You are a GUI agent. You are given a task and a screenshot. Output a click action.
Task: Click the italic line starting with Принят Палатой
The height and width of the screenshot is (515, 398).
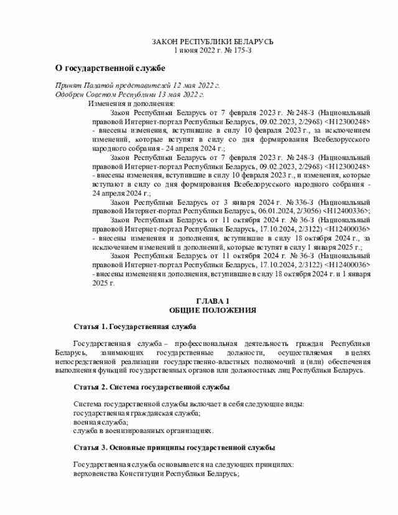(137, 85)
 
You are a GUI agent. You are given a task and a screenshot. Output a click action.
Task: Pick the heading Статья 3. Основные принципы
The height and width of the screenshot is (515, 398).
(174, 448)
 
